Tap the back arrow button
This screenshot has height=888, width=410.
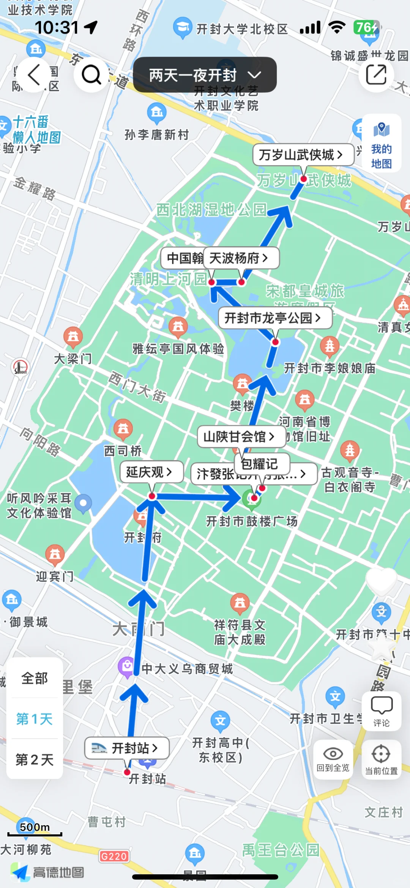34,74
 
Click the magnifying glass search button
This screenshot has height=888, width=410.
91,74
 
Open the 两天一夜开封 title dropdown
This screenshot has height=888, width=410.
205,75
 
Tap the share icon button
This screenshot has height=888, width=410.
376,74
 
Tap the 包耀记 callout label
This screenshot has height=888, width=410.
262,464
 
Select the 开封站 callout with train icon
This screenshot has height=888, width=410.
126,748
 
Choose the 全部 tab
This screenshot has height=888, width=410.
35,678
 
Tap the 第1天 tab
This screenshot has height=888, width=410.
35,719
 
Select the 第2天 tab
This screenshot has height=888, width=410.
35,760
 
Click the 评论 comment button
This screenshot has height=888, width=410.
381,711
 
